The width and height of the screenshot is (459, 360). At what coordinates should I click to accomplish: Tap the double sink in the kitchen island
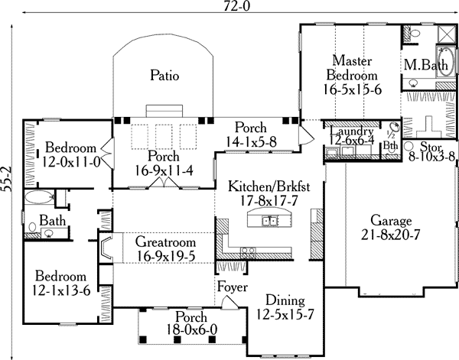(269, 222)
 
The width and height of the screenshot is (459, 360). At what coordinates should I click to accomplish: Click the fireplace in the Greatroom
(107, 248)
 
